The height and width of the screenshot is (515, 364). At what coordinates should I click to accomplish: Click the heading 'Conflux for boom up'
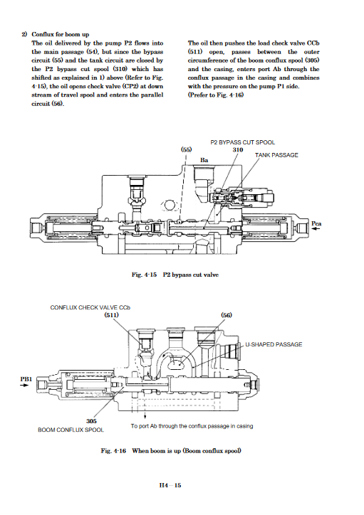point(60,34)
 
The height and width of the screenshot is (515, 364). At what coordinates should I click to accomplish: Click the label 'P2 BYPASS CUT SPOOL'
point(243,142)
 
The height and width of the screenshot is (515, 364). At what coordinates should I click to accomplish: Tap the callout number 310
point(238,150)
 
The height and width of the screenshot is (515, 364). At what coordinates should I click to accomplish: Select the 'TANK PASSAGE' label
point(276,155)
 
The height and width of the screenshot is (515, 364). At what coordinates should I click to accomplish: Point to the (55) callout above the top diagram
point(186,149)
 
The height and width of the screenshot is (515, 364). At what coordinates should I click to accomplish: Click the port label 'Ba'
point(204,160)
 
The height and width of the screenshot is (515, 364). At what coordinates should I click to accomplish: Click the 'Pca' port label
point(316,223)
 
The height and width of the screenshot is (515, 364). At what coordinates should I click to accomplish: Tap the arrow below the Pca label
point(316,229)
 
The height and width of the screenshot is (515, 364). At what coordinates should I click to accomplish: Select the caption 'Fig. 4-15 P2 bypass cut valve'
point(175,275)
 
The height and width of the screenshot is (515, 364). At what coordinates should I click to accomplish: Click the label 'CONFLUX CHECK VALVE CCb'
point(90,307)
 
